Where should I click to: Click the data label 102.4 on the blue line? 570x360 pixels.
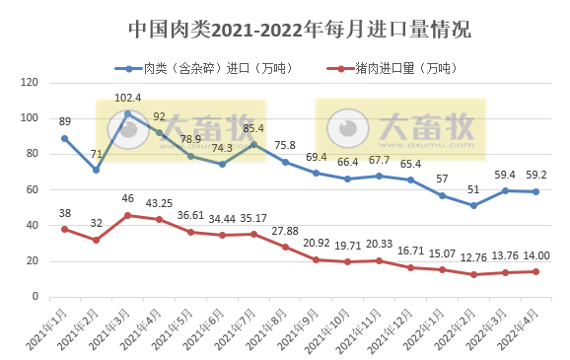pyautogui.click(x=127, y=98)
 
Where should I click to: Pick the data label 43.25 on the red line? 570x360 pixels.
pyautogui.click(x=159, y=203)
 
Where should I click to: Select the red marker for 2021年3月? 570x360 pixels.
pyautogui.click(x=127, y=215)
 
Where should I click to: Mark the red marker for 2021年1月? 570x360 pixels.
pyautogui.click(x=64, y=229)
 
